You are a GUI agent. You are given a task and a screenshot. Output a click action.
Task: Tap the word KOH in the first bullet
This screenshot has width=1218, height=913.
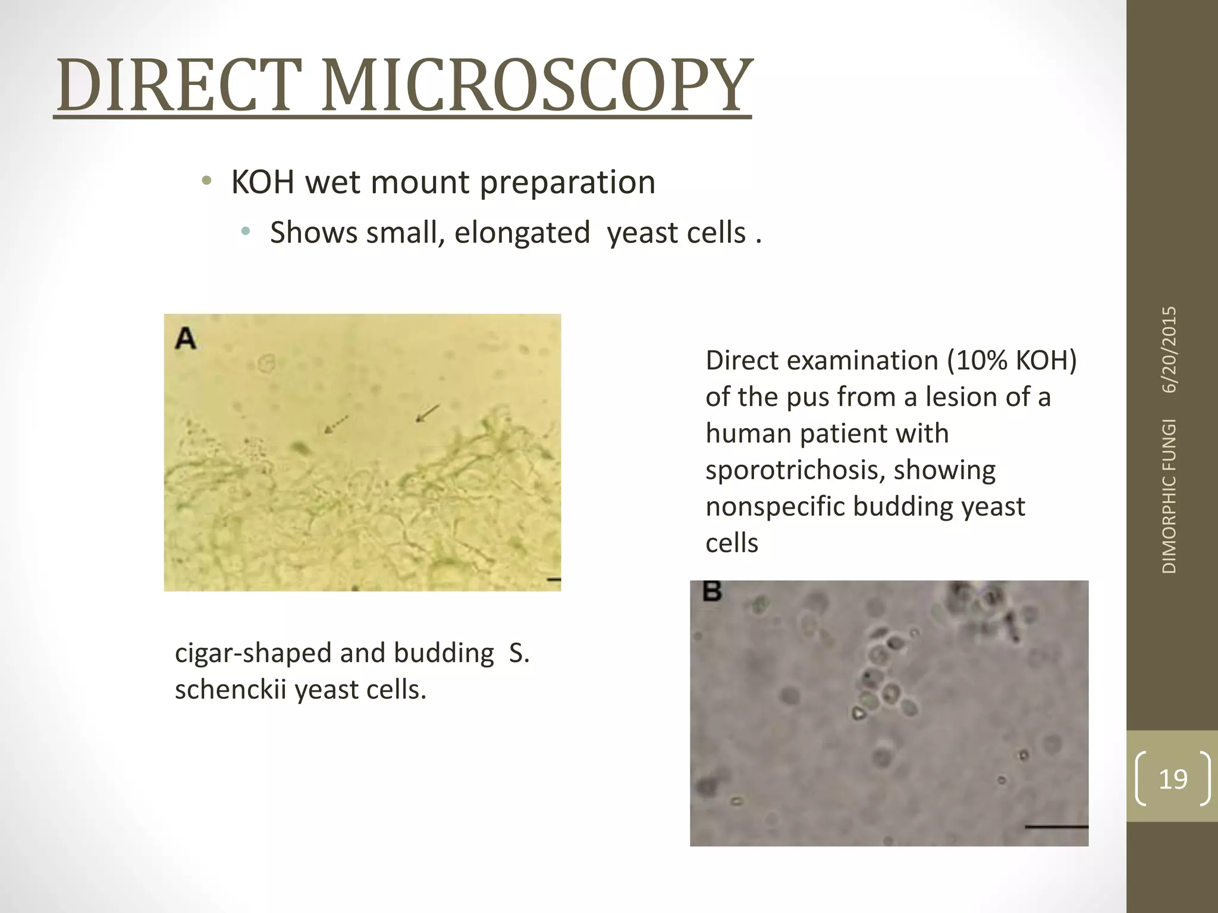coord(262,182)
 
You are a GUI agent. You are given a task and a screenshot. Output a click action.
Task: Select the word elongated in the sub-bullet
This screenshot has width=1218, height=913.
coord(522,232)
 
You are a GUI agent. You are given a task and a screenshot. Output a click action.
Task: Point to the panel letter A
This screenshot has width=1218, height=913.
coord(186,339)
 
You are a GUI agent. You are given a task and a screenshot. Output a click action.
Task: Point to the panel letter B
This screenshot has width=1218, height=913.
coord(712,591)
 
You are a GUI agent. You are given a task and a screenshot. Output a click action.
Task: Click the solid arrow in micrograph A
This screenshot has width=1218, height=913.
coord(427,413)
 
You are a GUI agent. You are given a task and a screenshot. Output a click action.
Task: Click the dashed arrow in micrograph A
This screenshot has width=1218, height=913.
coord(336,424)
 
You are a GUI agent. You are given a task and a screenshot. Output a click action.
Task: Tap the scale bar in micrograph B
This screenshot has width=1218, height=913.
coord(1056,826)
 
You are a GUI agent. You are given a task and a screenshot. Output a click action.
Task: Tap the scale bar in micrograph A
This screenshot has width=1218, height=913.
coord(553,579)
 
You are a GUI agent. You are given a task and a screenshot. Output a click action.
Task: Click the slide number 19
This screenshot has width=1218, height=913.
coord(1173,779)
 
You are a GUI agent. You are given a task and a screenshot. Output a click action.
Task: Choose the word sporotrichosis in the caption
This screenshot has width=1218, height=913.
coord(790,470)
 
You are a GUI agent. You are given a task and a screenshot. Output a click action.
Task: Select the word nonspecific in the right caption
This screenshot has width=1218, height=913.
coord(775,506)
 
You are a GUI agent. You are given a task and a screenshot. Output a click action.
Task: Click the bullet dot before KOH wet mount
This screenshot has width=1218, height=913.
coord(206,181)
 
